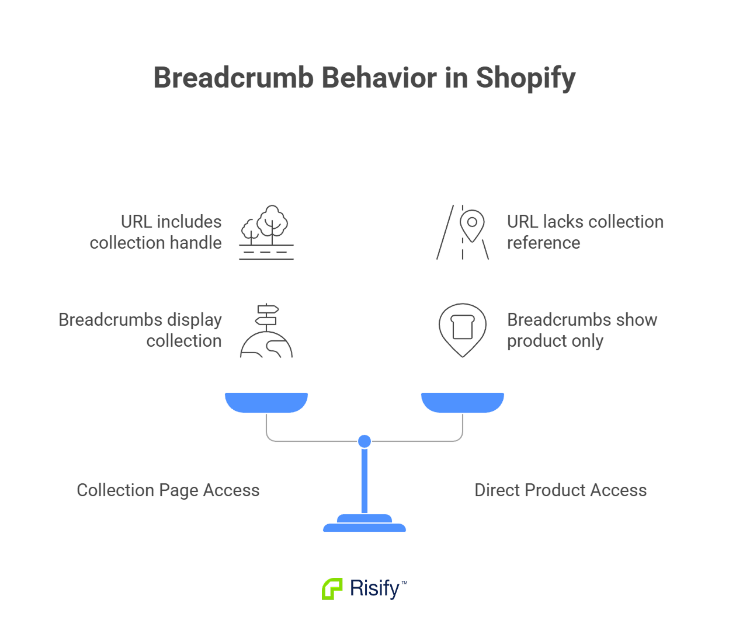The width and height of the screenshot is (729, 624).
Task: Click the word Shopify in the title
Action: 526,78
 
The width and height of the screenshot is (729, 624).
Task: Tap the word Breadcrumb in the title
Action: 234,78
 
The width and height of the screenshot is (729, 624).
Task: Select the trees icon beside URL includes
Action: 266,232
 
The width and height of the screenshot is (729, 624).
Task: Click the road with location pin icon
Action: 463,232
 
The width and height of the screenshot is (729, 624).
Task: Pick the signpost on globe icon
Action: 266,330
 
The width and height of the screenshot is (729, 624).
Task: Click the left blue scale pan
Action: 266,402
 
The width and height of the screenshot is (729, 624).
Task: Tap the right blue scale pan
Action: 463,402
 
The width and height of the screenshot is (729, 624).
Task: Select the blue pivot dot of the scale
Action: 364,441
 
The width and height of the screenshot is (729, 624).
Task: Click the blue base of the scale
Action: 364,524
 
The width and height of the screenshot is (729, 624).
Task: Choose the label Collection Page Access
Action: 168,490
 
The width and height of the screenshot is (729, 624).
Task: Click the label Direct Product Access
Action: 561,490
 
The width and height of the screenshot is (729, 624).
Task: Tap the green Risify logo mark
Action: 332,588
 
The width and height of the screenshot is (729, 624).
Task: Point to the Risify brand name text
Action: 374,588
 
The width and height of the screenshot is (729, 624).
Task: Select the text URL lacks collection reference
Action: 585,232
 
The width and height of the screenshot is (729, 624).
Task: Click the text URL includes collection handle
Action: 156,232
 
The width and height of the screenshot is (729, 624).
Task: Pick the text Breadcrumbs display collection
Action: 141,330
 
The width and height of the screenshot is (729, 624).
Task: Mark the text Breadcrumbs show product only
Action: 582,330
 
